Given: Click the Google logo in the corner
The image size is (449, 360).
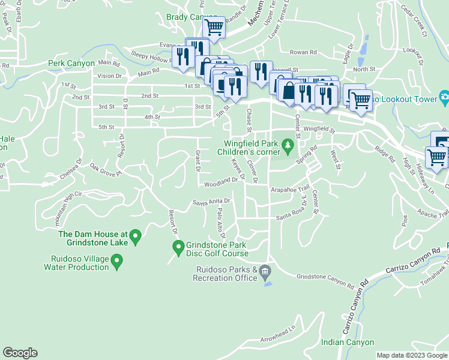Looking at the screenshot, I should pos(20,353).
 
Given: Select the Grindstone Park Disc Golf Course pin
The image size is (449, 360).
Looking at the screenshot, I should pos(178,246).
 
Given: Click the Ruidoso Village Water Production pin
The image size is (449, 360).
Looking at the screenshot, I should pos(118,261).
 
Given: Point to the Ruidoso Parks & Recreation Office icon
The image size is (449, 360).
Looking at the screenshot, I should pos(265,274).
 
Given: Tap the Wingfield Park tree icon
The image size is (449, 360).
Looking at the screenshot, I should pos(288,145).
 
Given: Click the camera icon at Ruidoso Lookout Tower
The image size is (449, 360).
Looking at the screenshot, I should pos(444,97).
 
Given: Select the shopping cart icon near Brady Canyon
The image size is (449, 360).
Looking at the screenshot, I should pos(214,27).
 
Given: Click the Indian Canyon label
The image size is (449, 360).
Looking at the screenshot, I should pos(348,343).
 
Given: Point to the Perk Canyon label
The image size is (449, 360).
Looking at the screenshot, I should pos(71,63).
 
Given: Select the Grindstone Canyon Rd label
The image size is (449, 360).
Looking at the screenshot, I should pos(321,279).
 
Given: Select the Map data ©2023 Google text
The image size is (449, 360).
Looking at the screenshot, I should pos(412,355).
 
